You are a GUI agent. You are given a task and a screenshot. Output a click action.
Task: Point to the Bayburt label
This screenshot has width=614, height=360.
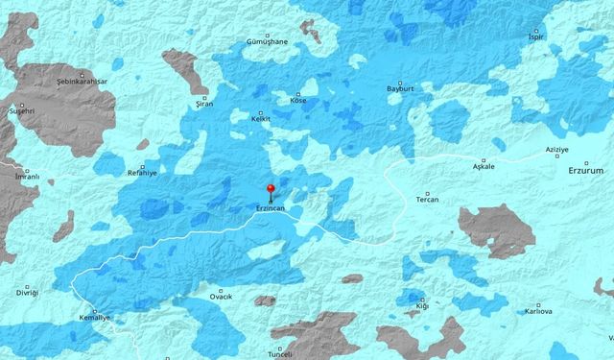(399, 87)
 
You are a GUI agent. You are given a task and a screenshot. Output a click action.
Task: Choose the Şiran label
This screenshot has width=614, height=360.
(203, 101)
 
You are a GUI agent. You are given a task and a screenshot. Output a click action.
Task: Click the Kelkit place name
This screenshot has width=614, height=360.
(260, 118)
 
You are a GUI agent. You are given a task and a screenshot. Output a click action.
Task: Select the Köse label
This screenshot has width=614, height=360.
(298, 99)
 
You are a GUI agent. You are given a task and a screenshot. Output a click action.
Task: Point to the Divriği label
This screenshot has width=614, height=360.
(26, 295)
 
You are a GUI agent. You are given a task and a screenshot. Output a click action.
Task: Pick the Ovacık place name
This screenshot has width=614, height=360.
(221, 298)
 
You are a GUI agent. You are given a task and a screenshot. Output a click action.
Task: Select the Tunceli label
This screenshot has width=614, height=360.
(279, 353)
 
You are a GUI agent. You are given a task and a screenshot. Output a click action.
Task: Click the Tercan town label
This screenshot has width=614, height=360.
(427, 199)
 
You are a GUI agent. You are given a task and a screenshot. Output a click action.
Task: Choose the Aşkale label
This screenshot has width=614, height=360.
(484, 166)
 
